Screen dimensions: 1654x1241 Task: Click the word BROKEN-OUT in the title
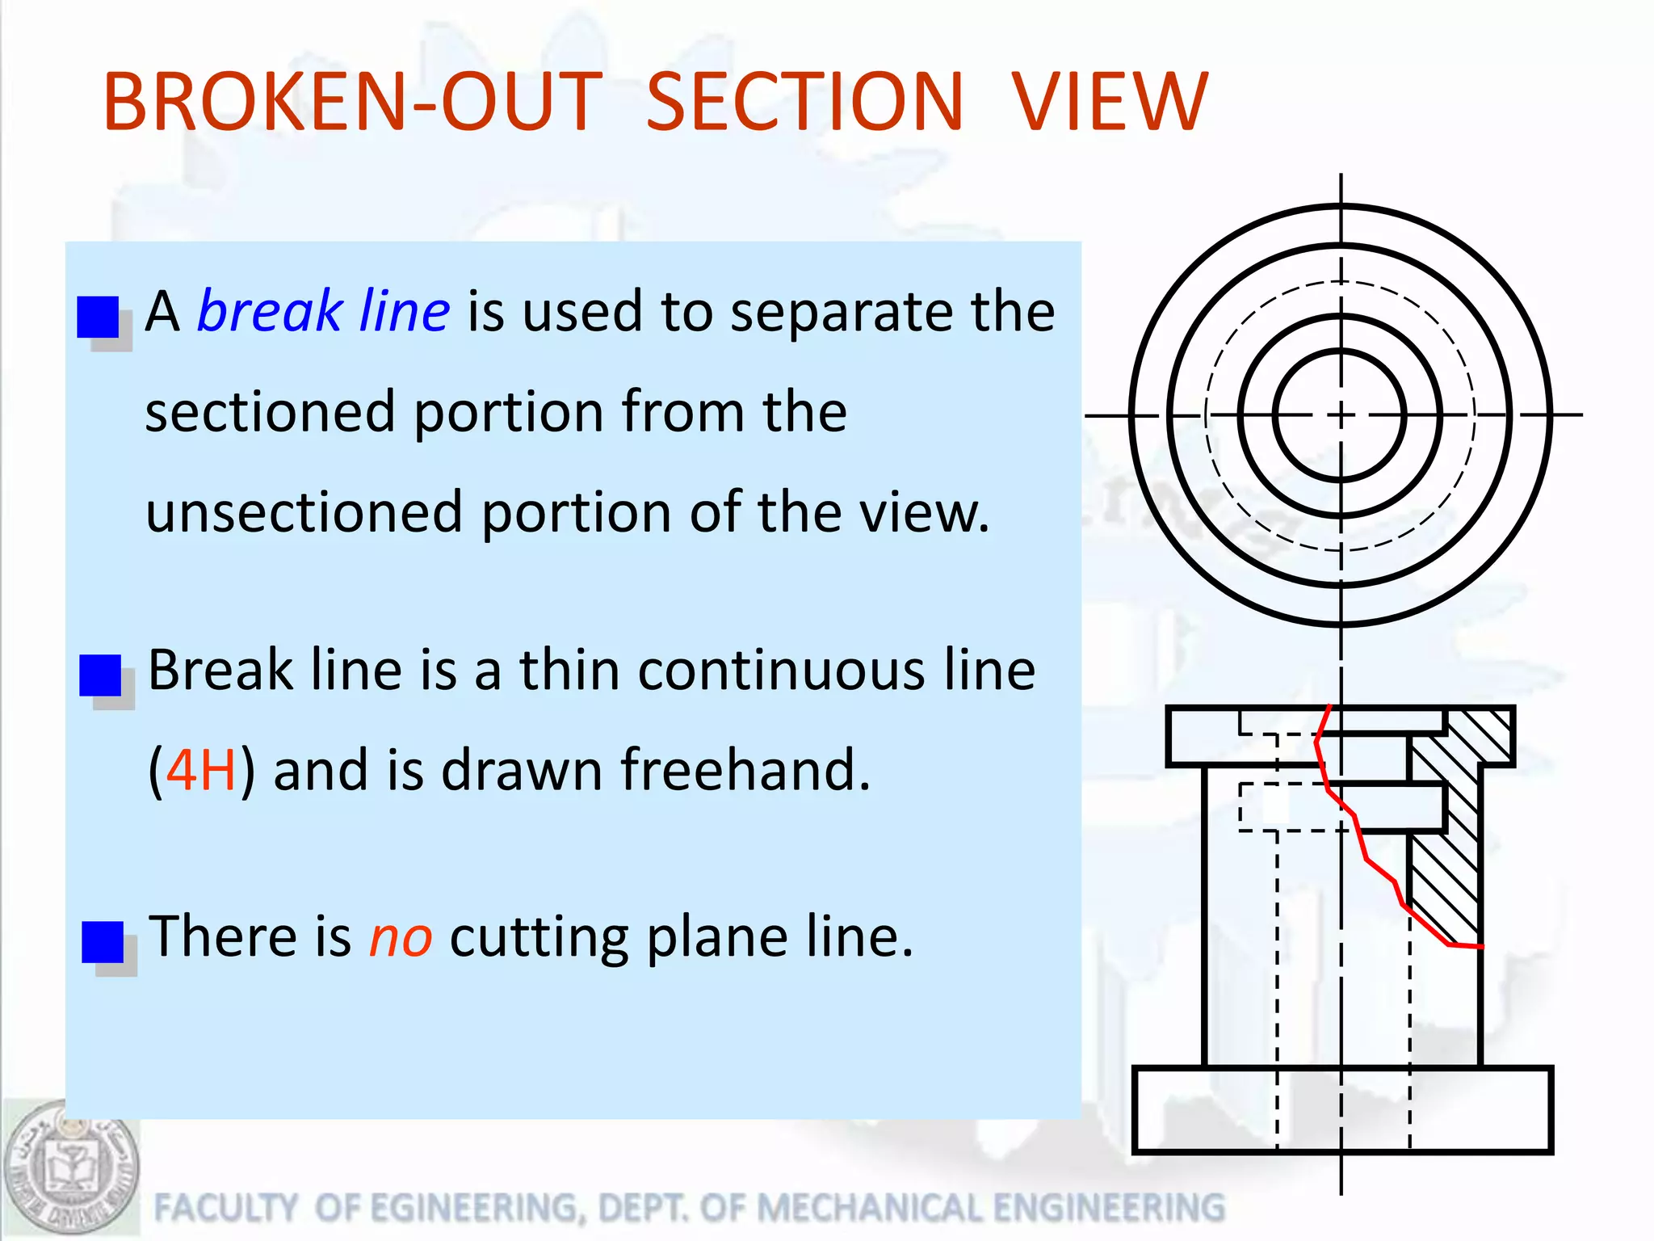pos(353,102)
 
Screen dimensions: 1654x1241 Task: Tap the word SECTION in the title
pos(804,102)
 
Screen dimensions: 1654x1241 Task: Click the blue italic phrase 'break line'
pos(323,311)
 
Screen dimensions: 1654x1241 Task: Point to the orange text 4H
pos(201,770)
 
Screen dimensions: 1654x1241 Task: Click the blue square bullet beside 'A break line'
pos(98,317)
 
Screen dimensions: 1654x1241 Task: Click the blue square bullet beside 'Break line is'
pos(100,675)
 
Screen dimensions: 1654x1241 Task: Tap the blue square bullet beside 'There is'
pos(103,942)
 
